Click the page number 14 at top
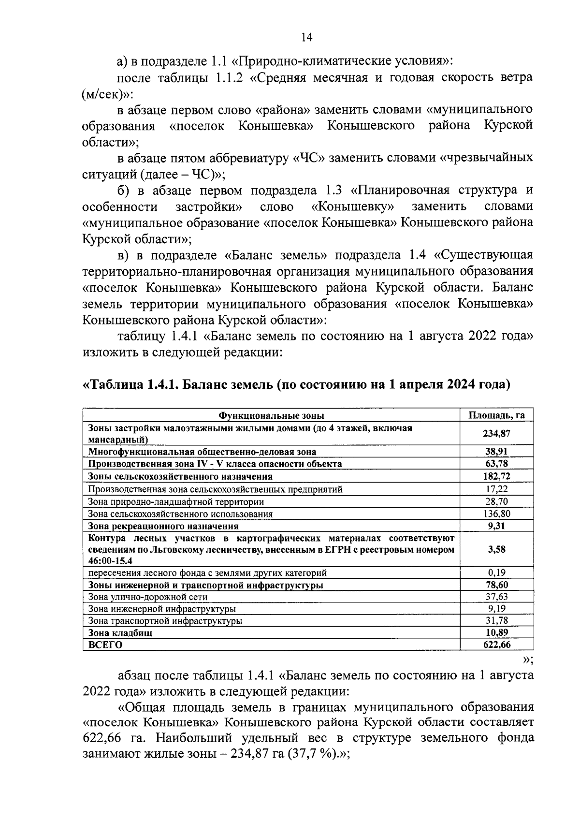(x=306, y=38)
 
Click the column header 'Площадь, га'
(x=497, y=415)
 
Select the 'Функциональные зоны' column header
(x=271, y=415)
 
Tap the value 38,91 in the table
(x=497, y=452)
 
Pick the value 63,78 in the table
(x=497, y=464)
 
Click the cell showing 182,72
(x=497, y=476)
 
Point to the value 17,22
(x=497, y=489)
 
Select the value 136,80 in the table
(x=497, y=513)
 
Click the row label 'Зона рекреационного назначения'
(x=163, y=526)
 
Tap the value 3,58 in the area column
(x=497, y=549)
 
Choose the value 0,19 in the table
(x=497, y=573)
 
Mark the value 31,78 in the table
(x=497, y=620)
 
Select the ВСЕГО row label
(x=105, y=645)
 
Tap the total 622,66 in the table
(x=497, y=645)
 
